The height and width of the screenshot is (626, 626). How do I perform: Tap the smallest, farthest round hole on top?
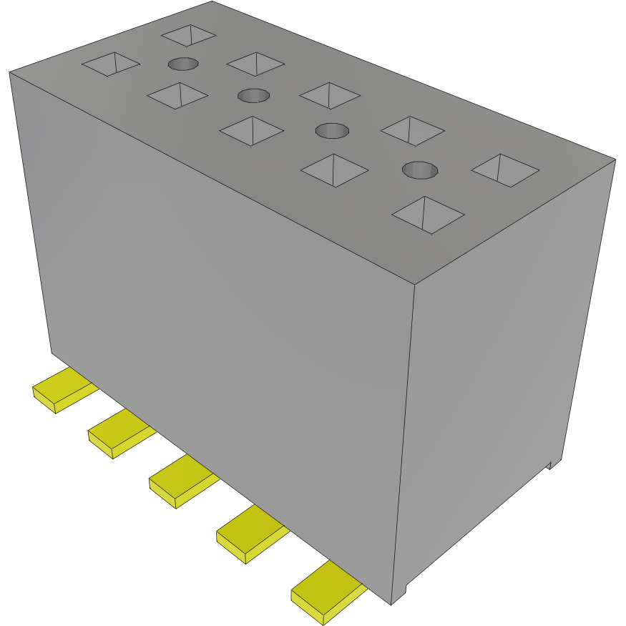(183, 64)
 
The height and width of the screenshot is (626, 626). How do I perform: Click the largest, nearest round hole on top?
(420, 170)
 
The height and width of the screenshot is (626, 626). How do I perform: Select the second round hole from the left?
(253, 95)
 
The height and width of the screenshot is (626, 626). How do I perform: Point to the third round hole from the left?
(332, 131)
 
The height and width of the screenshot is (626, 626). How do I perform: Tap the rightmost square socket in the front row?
(429, 215)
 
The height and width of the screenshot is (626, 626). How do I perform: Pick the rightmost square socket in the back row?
(505, 170)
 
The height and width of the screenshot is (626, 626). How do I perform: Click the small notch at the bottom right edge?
(551, 464)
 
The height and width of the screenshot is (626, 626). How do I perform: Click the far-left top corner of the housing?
(9, 72)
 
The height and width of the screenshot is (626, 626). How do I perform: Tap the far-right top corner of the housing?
(615, 159)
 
